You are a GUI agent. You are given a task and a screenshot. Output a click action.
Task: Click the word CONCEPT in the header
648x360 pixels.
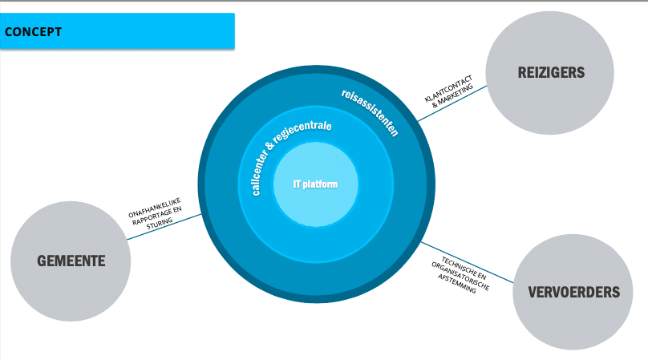click(x=34, y=33)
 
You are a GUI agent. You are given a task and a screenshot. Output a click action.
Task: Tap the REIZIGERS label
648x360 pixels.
click(x=551, y=73)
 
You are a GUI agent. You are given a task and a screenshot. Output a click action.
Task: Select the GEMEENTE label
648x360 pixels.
click(x=71, y=261)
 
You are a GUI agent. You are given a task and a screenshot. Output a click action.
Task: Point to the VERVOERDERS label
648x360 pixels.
click(x=574, y=292)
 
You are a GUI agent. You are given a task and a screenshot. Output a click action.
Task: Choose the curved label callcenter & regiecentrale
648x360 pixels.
click(x=281, y=152)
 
